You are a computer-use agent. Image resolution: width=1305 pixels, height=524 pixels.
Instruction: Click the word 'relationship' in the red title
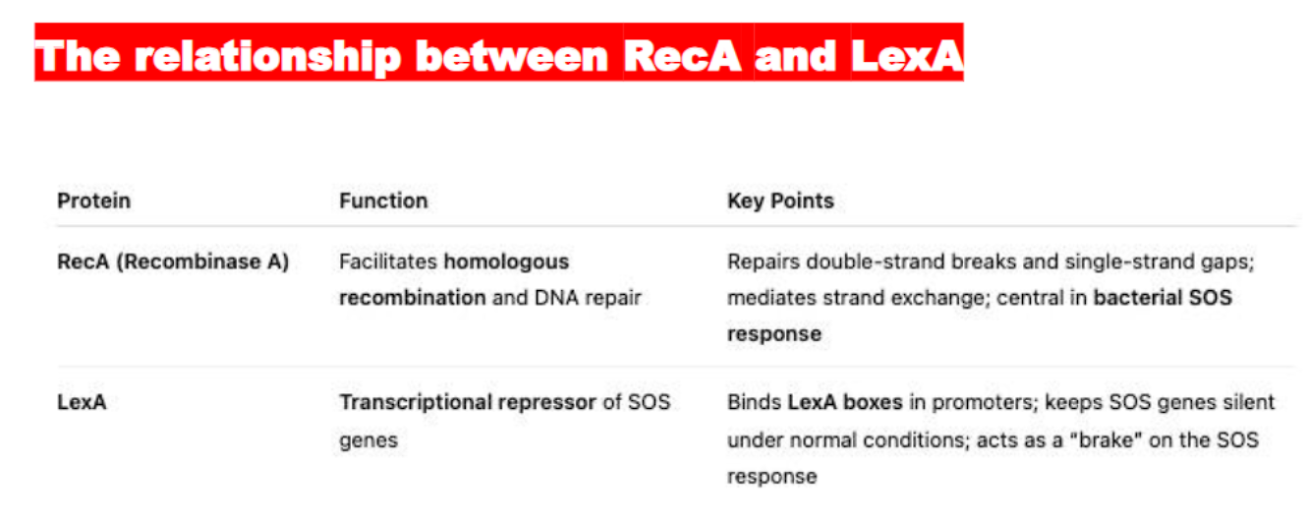pyautogui.click(x=266, y=56)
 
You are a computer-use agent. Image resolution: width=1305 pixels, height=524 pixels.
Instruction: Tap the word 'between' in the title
pyautogui.click(x=511, y=56)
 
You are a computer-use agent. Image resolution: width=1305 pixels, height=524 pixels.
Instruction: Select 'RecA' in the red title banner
pyautogui.click(x=682, y=56)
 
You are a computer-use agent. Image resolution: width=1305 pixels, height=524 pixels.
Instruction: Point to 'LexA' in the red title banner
pyautogui.click(x=906, y=56)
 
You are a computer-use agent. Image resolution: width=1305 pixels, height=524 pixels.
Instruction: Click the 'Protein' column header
pyautogui.click(x=93, y=201)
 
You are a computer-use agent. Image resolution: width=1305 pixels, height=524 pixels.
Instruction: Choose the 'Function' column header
pyautogui.click(x=383, y=201)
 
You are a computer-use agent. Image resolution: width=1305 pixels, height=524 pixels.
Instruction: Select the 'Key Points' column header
pyautogui.click(x=780, y=201)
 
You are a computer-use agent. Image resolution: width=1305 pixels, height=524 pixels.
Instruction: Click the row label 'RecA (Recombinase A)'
pyautogui.click(x=173, y=262)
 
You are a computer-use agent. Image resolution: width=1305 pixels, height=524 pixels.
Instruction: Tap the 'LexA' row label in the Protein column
pyautogui.click(x=82, y=402)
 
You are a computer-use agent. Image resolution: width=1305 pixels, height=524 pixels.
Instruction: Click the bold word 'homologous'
pyautogui.click(x=506, y=262)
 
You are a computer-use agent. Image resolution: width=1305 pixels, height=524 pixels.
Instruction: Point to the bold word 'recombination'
pyautogui.click(x=412, y=297)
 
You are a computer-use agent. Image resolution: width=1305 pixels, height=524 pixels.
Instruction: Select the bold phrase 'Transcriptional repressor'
pyautogui.click(x=468, y=402)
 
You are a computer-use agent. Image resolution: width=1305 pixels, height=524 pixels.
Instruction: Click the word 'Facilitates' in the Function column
pyautogui.click(x=388, y=262)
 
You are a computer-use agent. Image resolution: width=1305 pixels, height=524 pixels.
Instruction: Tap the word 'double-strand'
pyautogui.click(x=860, y=262)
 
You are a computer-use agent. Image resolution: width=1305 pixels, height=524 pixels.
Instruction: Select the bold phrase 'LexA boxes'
pyautogui.click(x=844, y=402)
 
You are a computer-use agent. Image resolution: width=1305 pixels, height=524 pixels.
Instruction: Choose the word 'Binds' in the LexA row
pyautogui.click(x=753, y=402)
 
